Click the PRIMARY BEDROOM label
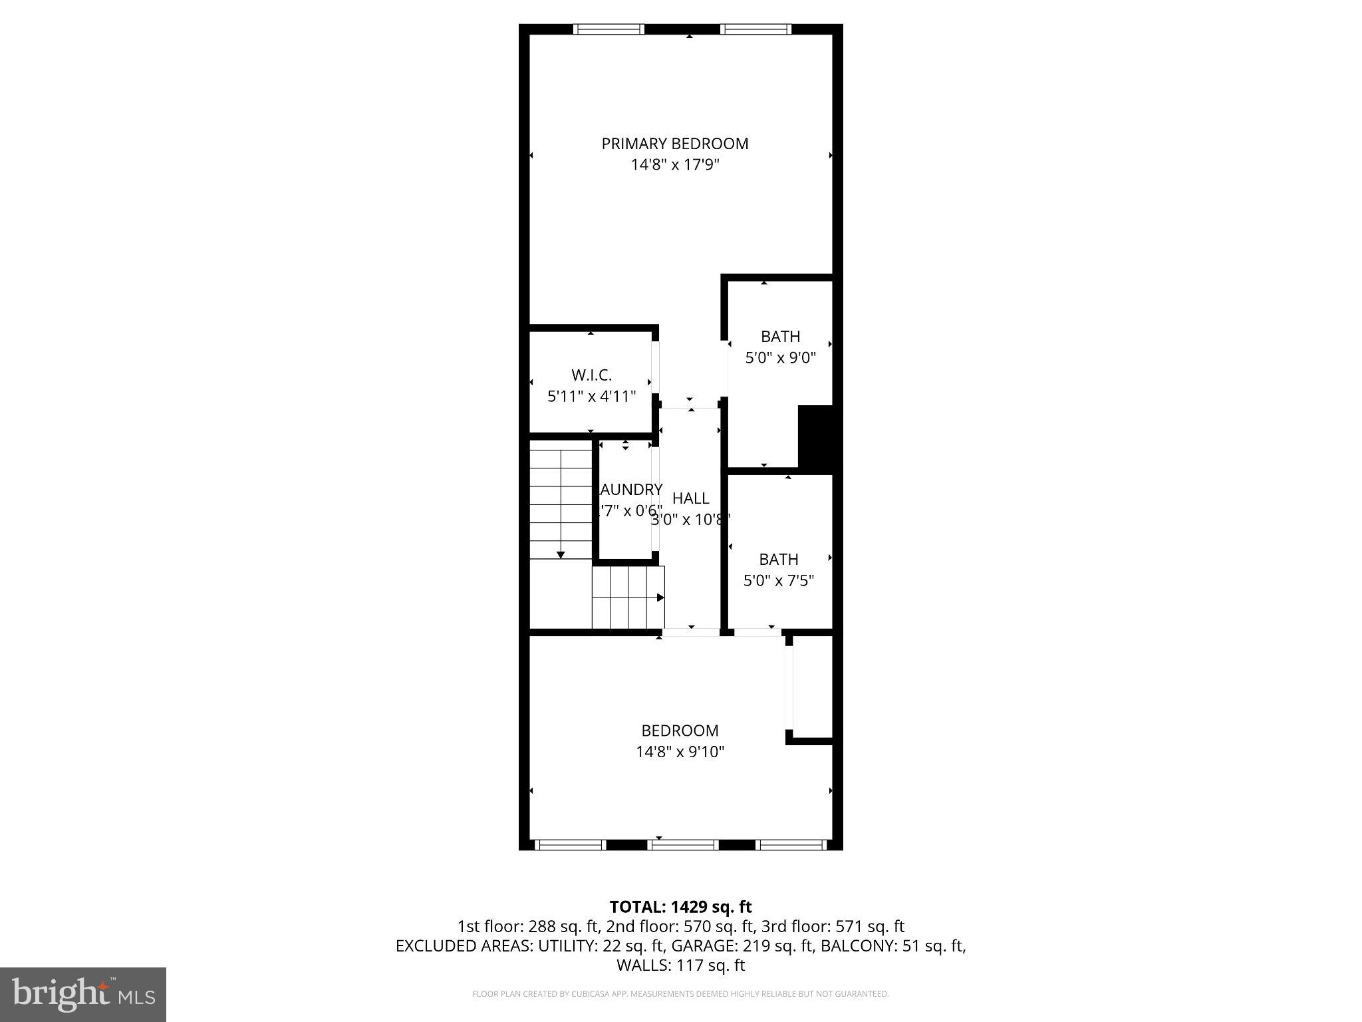[675, 144]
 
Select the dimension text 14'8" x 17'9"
[675, 164]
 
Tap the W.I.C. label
[591, 375]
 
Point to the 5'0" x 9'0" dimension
[780, 358]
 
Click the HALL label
[690, 498]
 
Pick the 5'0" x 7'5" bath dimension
[778, 581]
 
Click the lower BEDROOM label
[680, 731]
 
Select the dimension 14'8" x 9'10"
[680, 752]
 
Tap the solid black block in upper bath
[815, 437]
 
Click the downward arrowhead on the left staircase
[561, 555]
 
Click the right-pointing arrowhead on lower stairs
[660, 597]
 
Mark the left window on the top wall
[609, 29]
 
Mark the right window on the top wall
[755, 29]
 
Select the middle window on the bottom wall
[683, 845]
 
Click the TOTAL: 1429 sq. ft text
[680, 907]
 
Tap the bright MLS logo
[83, 995]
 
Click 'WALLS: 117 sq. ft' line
[680, 965]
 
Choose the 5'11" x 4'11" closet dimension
[591, 397]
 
